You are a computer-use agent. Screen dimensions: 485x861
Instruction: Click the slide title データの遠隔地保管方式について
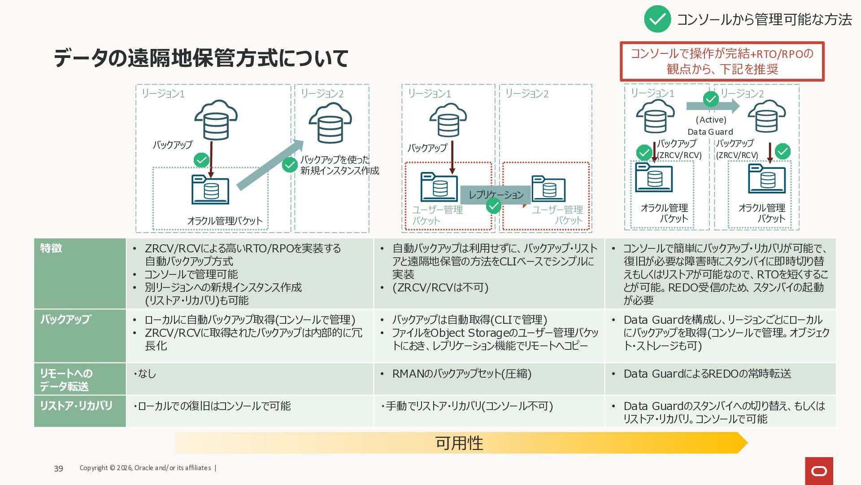coord(201,58)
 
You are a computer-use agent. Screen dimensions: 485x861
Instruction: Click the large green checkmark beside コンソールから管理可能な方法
coord(657,19)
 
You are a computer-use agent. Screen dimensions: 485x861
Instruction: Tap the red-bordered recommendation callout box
coord(722,62)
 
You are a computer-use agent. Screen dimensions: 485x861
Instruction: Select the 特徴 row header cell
coord(80,273)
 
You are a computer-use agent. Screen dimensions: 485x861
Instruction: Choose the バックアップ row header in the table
coord(80,335)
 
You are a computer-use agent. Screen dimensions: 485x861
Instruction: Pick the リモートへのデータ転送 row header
coord(80,379)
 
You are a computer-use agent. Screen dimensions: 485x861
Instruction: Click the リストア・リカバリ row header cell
coord(80,410)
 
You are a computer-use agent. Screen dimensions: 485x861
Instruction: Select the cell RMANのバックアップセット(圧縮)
coord(461,374)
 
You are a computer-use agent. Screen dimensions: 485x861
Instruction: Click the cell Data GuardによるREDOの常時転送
coord(707,374)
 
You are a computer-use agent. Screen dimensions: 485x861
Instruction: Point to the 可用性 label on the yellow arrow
coord(459,443)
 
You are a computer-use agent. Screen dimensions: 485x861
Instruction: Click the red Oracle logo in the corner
coord(819,471)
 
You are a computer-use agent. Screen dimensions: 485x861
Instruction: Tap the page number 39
coord(58,468)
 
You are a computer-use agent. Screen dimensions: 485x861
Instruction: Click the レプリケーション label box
coord(496,194)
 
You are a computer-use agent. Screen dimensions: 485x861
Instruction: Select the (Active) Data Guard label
coord(711,126)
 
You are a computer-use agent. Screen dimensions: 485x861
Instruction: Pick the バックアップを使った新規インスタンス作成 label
coord(339,165)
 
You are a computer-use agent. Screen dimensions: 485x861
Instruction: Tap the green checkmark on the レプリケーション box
coord(494,206)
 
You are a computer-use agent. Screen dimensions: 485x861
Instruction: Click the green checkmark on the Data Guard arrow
coord(711,99)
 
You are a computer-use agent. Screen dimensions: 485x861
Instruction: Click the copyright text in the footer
coord(145,468)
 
